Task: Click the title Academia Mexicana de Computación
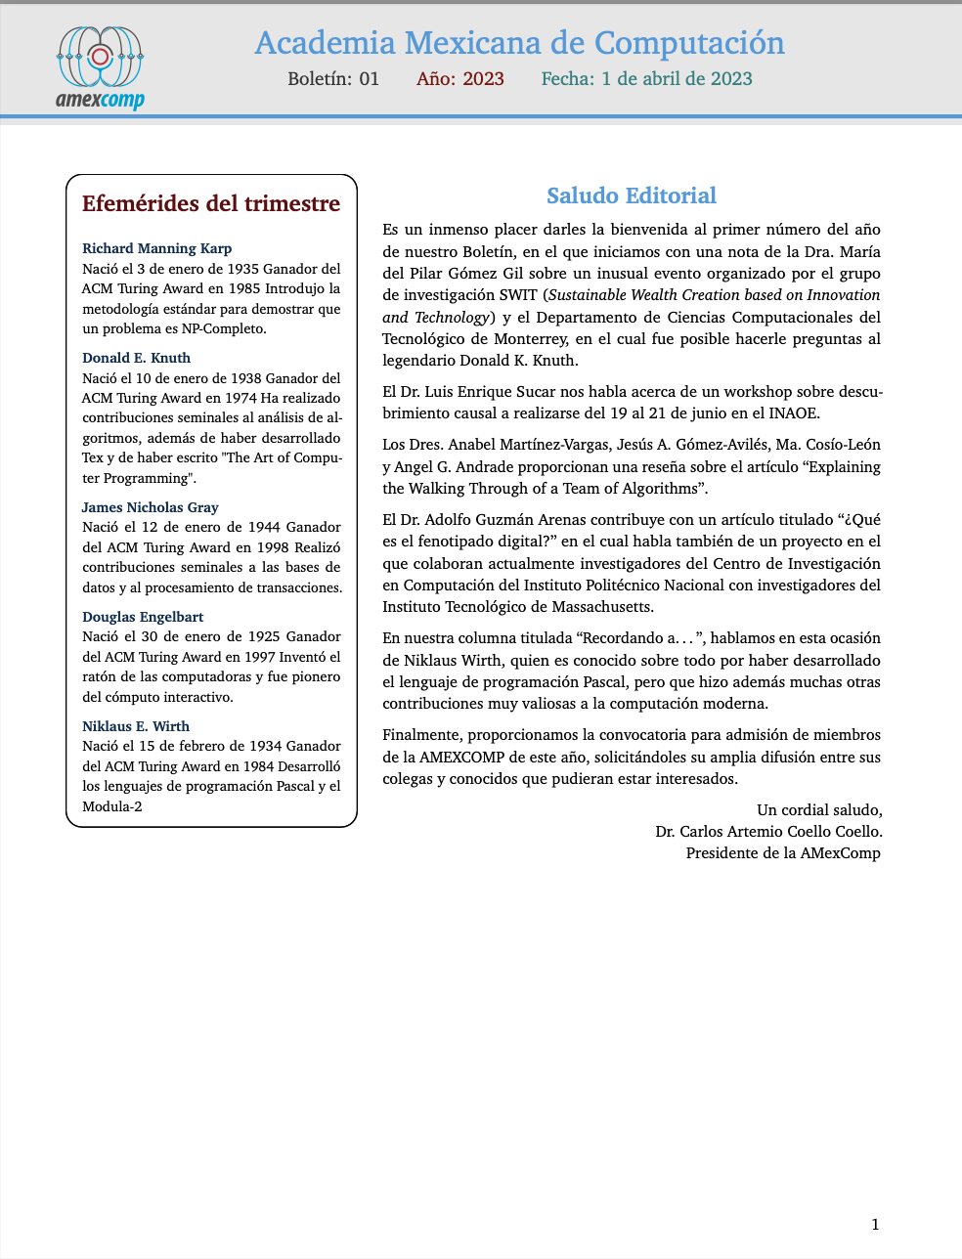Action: [x=519, y=43]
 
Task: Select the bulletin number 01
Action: [x=369, y=79]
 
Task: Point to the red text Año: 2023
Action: [x=460, y=79]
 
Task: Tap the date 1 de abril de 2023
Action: [x=677, y=79]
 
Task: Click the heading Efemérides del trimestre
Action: [x=211, y=203]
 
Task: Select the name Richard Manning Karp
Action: [x=156, y=248]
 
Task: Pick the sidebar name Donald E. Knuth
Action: [x=136, y=358]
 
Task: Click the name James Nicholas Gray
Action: [x=150, y=507]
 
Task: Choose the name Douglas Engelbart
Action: [x=143, y=617]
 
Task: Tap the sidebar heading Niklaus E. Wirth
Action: [x=136, y=726]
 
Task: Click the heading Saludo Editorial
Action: [x=632, y=195]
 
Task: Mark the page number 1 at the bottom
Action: [x=875, y=1224]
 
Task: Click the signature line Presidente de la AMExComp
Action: [x=783, y=853]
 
